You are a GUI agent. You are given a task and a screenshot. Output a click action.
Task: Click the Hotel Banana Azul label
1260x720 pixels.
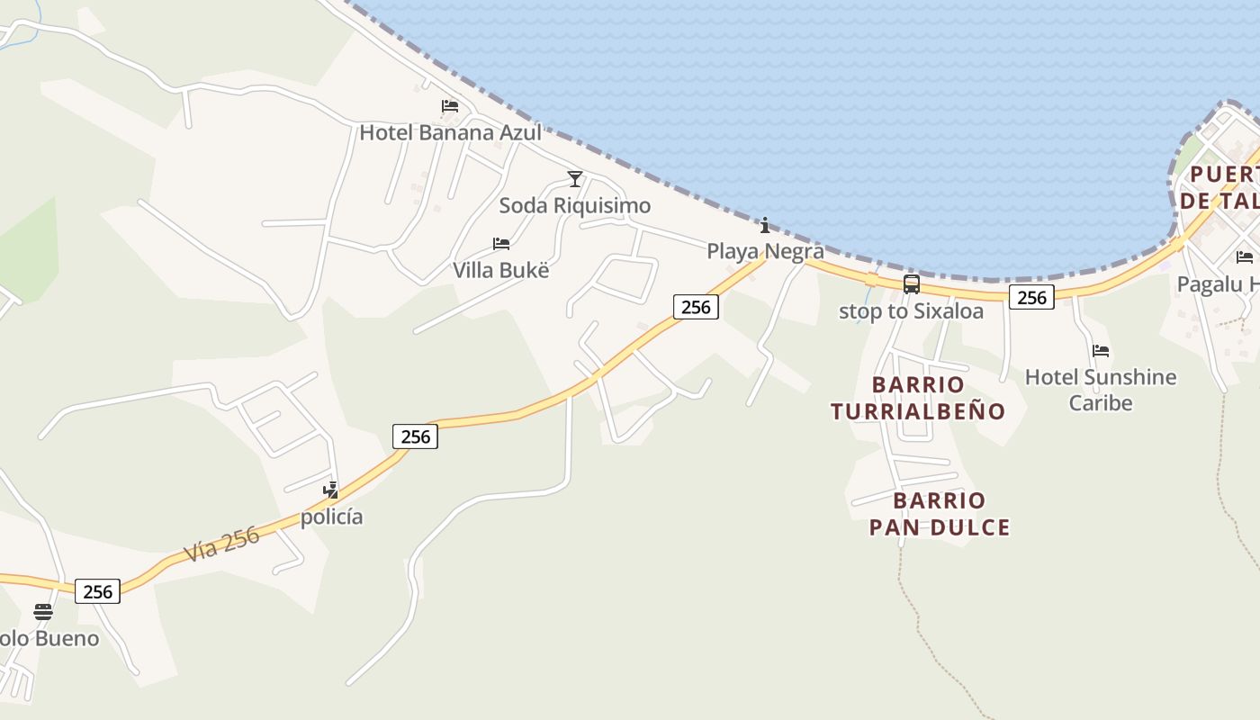450,133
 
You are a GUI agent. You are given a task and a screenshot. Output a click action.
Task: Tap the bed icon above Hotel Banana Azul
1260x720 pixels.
450,106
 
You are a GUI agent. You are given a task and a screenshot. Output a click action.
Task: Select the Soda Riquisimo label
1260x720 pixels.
574,206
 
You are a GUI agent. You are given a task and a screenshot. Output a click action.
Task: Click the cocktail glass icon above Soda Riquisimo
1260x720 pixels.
575,178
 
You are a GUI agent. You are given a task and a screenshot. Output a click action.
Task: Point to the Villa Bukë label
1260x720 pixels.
500,271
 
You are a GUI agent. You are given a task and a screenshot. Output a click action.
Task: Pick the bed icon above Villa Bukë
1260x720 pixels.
501,244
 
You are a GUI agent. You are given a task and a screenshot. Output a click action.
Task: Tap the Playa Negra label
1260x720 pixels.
765,251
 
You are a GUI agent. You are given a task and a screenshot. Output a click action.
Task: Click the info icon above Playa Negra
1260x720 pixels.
765,225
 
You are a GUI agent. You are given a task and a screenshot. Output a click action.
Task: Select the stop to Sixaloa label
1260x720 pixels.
911,311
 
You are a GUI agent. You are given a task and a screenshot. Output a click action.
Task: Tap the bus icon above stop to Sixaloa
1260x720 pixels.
912,284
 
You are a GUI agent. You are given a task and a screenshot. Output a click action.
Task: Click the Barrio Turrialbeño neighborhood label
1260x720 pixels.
918,398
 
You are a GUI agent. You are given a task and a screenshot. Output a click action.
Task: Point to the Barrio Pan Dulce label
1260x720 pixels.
940,514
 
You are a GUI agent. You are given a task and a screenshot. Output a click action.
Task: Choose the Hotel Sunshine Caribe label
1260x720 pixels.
1101,389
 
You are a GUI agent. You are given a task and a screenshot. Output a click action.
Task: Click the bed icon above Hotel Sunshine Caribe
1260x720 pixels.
1101,351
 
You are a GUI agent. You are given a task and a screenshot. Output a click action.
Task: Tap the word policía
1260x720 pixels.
331,517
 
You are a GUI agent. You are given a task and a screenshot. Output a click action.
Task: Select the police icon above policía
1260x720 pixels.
331,490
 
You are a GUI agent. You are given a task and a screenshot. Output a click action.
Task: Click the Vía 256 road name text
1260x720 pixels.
222,544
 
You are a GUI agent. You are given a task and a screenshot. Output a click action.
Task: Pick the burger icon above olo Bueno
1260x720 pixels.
43,612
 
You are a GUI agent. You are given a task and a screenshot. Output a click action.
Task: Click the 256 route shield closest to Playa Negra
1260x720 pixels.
696,307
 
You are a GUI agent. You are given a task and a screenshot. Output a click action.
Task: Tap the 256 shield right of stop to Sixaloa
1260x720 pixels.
1030,297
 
